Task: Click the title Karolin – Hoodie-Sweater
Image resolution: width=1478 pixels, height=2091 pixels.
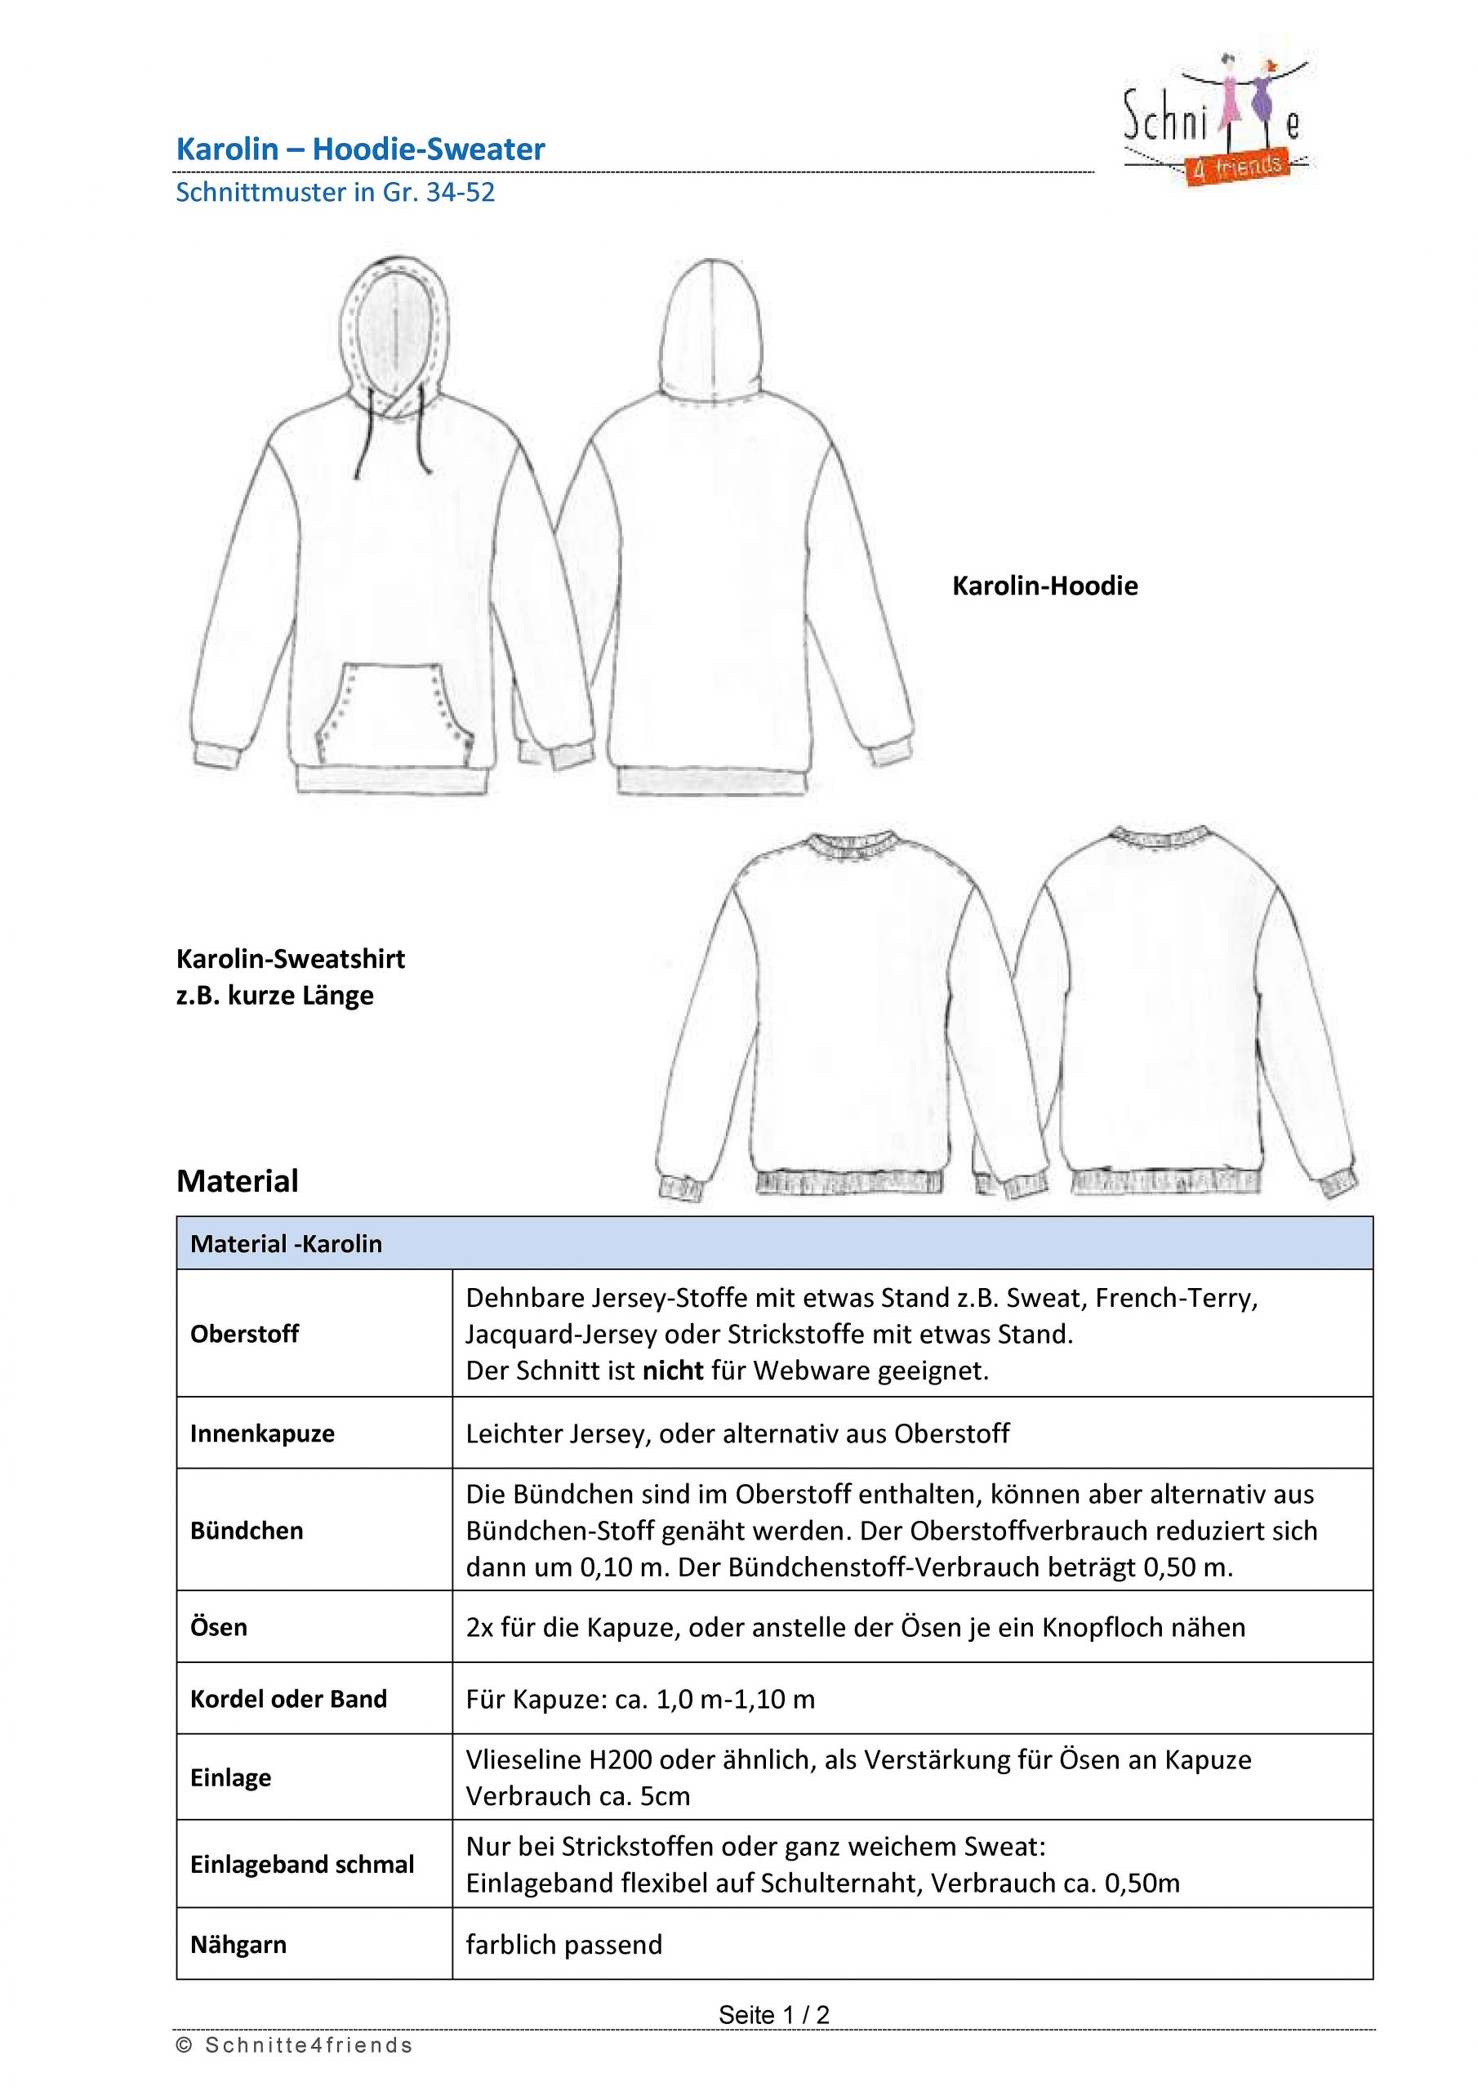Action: (x=360, y=149)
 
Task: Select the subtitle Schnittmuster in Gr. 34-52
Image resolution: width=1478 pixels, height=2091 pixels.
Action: (x=335, y=193)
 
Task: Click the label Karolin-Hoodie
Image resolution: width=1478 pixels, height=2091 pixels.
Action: (x=1044, y=586)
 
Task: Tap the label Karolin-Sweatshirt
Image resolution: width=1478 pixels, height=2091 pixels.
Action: (x=291, y=959)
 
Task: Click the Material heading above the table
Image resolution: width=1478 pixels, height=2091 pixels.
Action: (x=237, y=1181)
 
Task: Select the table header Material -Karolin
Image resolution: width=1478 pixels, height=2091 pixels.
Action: (x=286, y=1244)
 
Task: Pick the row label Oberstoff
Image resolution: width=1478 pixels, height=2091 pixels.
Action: (x=244, y=1334)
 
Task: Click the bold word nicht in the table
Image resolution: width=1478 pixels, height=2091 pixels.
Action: (x=673, y=1371)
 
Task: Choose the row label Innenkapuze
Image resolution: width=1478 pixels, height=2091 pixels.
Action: (x=262, y=1433)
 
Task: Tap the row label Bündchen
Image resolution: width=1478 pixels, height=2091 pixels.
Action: (x=246, y=1530)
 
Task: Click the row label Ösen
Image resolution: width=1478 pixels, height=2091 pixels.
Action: (x=219, y=1626)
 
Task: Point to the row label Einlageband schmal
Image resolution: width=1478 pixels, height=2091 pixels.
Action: (x=301, y=1864)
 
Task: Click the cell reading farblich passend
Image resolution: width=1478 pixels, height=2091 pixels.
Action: (x=563, y=1944)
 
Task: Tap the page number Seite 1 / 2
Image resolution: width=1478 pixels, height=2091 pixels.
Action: (x=774, y=2014)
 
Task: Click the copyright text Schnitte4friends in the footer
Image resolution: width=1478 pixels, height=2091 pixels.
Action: (x=308, y=2045)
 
